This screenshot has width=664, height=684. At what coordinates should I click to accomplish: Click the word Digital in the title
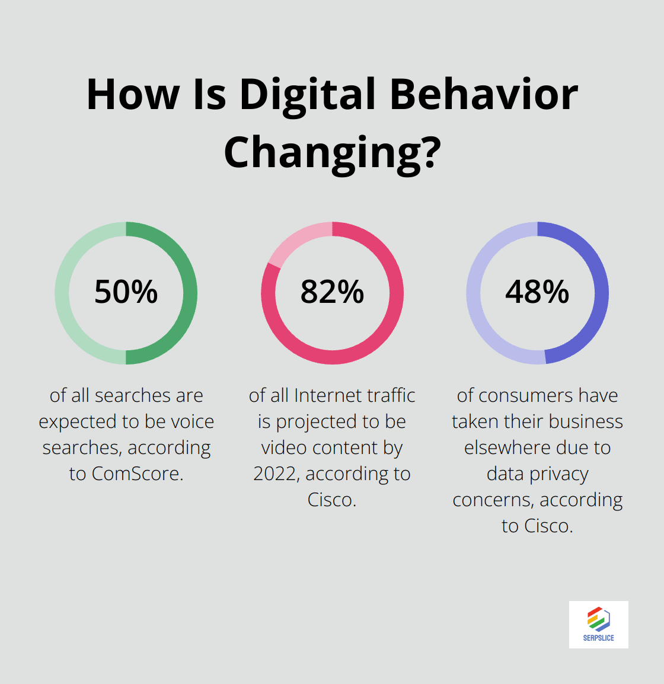click(x=308, y=95)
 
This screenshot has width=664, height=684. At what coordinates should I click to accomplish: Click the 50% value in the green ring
click(x=126, y=292)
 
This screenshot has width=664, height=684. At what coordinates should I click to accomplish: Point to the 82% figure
click(x=332, y=292)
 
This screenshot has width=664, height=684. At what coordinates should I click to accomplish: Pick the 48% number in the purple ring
click(x=537, y=292)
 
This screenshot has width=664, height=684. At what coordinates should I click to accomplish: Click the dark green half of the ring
click(x=190, y=293)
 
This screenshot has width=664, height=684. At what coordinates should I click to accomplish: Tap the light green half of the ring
click(x=62, y=293)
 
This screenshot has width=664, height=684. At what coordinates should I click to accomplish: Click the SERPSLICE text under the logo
click(x=599, y=638)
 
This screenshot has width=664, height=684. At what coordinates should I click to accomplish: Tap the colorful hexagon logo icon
click(x=599, y=619)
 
